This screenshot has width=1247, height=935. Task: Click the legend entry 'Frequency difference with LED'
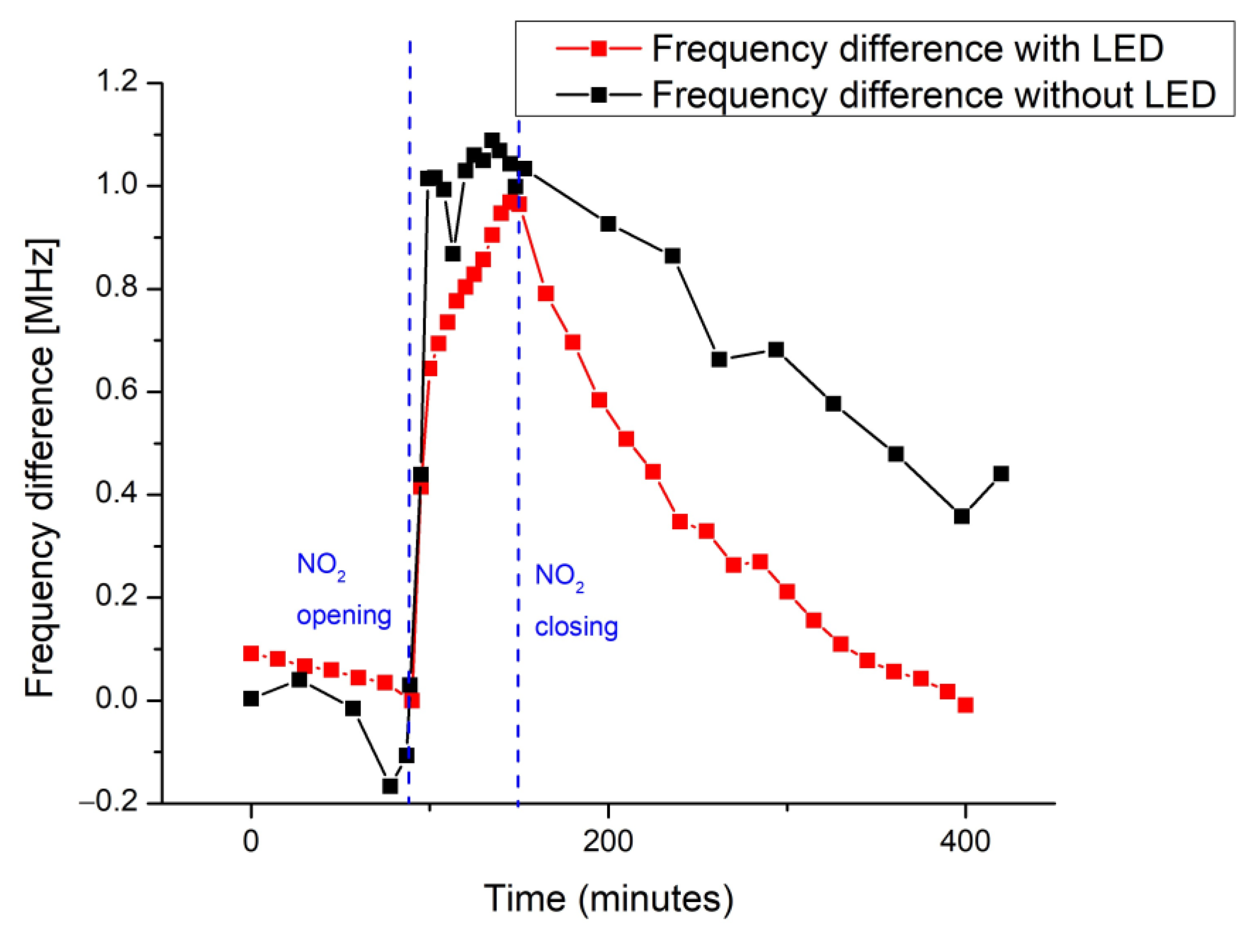[x=908, y=49]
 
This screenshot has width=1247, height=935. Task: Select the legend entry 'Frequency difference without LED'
[x=933, y=94]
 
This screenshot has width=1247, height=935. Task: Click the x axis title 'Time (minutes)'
[x=608, y=898]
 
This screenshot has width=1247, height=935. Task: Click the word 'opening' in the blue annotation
[x=344, y=615]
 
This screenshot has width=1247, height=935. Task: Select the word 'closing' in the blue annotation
[x=576, y=626]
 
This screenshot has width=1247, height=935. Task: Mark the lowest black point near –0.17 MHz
[x=389, y=785]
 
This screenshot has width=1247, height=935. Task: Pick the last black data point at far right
[x=1000, y=474]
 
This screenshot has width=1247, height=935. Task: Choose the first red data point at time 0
[x=251, y=653]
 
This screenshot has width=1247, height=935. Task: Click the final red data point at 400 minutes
[x=965, y=705]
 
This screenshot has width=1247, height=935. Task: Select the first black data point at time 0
[x=251, y=699]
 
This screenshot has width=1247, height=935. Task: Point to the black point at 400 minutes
[x=962, y=516]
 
